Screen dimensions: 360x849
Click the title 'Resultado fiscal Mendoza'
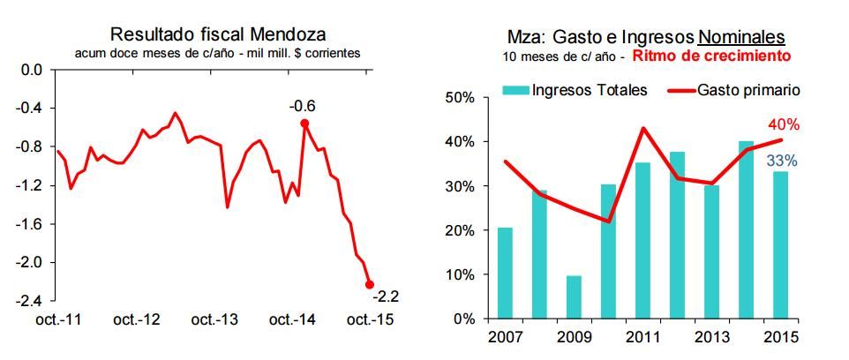[218, 34]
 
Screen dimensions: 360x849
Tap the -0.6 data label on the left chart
[303, 106]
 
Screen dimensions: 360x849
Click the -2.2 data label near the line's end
[386, 295]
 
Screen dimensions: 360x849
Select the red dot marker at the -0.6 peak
[304, 124]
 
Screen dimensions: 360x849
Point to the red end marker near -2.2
[369, 284]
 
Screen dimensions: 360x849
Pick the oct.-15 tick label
[368, 319]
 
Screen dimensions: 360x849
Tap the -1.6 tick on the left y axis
[29, 224]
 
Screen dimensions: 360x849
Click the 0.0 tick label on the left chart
[31, 70]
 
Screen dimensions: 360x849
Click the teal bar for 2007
[505, 273]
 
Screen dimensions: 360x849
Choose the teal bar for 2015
[780, 244]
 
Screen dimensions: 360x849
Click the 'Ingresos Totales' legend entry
[589, 90]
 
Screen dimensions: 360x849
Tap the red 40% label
[783, 124]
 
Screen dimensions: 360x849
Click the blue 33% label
[782, 161]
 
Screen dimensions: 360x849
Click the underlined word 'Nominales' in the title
[741, 37]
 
